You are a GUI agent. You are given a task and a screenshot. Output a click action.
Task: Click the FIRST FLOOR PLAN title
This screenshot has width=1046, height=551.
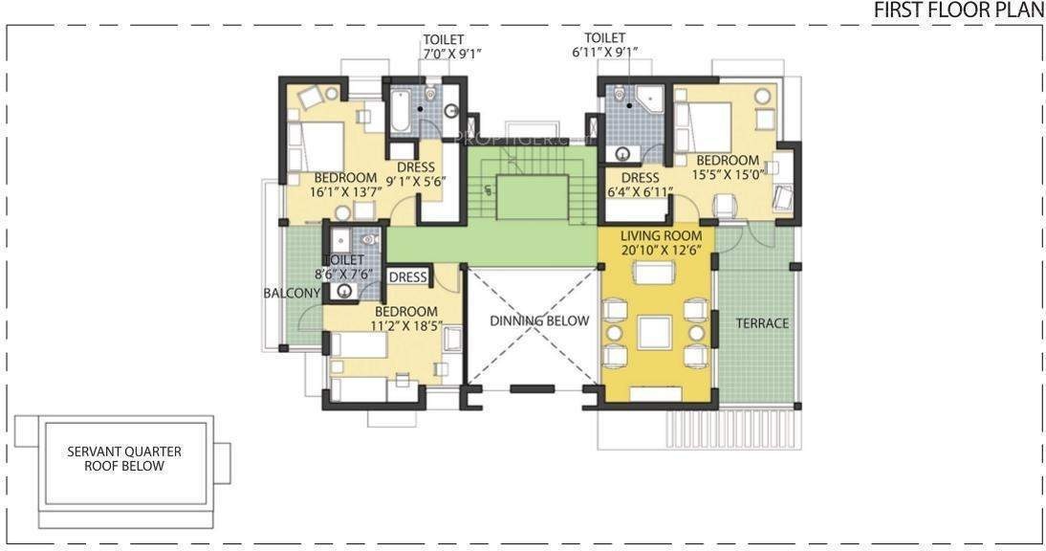959,11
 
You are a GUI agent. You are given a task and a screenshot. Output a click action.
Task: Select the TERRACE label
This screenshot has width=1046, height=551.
762,323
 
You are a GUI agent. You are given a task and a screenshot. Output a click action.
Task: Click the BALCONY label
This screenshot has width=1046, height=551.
292,294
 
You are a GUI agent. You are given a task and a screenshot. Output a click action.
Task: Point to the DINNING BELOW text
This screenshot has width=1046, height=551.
539,320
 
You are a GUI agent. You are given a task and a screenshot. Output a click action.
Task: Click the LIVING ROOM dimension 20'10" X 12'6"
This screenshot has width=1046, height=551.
661,251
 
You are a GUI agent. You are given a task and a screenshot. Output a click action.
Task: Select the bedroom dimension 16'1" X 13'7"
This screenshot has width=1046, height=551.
345,192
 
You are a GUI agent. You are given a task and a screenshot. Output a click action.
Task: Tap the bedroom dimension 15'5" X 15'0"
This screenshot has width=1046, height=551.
727,175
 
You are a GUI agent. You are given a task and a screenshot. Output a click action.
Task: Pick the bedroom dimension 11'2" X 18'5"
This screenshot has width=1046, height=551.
406,327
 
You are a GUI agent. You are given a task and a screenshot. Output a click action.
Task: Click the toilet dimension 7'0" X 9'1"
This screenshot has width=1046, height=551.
450,55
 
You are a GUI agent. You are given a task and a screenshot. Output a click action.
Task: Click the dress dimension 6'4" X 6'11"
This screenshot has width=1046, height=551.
640,192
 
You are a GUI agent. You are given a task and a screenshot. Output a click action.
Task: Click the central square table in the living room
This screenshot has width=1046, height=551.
656,332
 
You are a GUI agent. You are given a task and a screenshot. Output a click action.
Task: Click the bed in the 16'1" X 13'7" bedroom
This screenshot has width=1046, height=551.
319,145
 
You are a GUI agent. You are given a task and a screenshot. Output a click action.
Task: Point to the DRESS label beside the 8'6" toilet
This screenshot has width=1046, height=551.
408,277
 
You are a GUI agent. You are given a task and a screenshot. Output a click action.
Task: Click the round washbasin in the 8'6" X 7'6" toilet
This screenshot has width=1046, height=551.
343,293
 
